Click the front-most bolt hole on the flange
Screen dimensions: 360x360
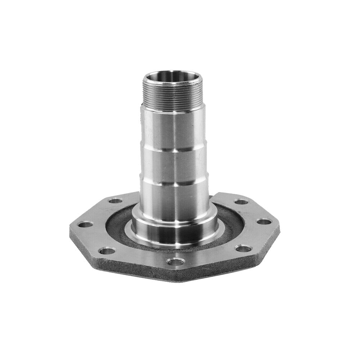[175, 262]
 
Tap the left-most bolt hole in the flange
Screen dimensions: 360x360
[85, 225]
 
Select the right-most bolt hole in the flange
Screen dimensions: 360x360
[264, 222]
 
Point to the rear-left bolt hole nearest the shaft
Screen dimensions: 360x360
[115, 201]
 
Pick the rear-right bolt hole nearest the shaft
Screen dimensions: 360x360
[241, 202]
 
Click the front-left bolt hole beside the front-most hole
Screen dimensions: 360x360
[107, 251]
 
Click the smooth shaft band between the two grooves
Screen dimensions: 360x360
[174, 166]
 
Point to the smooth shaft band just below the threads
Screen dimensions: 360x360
[174, 128]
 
